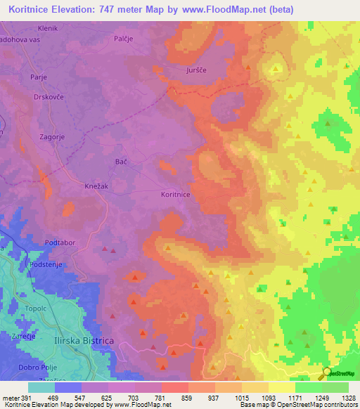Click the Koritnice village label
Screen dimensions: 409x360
tap(174, 195)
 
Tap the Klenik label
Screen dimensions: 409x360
tap(48, 28)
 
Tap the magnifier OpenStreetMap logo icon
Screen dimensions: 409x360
tap(326, 373)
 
